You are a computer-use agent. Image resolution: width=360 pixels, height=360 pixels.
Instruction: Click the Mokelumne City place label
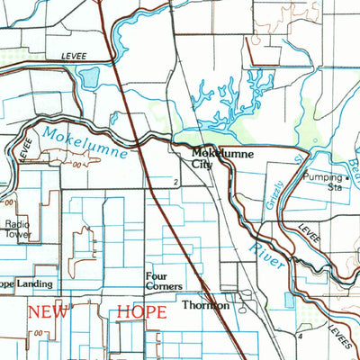pyautogui.click(x=221, y=159)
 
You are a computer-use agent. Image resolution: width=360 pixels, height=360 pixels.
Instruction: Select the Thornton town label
pyautogui.click(x=206, y=305)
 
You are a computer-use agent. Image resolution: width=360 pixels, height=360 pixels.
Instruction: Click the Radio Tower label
pyautogui.click(x=17, y=229)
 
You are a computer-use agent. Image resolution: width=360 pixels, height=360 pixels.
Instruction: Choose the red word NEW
pyautogui.click(x=49, y=312)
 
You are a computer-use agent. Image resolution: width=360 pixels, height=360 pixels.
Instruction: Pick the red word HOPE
pyautogui.click(x=142, y=312)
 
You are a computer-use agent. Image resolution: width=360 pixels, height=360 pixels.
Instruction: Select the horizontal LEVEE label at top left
pyautogui.click(x=74, y=55)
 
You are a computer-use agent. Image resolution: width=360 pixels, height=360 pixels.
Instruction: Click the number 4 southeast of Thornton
pyautogui.click(x=298, y=335)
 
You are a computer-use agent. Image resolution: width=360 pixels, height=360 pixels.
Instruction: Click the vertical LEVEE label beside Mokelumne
pyautogui.click(x=25, y=147)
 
